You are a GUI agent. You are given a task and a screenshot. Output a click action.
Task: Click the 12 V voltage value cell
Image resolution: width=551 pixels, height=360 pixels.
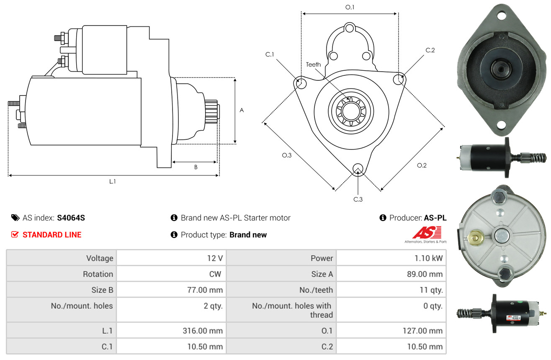pos(215,258)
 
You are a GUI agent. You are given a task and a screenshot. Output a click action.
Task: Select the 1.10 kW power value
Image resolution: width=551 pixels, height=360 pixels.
pos(428,258)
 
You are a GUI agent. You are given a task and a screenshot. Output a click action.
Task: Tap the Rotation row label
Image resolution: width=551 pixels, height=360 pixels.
pos(98,274)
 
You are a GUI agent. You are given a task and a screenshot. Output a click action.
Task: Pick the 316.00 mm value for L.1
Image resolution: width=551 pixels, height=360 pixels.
pos(203,331)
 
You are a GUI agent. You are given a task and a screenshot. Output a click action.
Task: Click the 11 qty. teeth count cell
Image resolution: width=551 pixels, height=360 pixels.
pos(431,290)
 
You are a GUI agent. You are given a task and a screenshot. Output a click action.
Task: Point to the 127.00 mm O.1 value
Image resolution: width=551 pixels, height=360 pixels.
pos(422,331)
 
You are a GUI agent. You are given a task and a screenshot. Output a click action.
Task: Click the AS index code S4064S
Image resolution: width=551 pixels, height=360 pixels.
pos(71,218)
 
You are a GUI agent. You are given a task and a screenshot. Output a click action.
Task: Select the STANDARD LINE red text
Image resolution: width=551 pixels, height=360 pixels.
pos(52,234)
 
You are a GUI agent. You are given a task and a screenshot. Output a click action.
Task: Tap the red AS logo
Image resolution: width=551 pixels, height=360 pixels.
pos(427,233)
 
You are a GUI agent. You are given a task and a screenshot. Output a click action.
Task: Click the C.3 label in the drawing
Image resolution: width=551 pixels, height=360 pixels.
pos(358,199)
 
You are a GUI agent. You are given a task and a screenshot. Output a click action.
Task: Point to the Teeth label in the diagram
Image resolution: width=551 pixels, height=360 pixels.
pos(313,64)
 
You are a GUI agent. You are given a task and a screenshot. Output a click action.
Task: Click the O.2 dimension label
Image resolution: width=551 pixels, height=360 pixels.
pos(422,165)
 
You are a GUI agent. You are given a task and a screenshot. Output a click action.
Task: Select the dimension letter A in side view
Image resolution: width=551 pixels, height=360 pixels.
pos(242,110)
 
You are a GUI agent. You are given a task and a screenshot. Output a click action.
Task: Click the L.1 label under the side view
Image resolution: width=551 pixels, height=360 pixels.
pos(112,182)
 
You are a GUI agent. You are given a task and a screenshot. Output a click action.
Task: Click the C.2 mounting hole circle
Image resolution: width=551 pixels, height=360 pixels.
pos(399,80)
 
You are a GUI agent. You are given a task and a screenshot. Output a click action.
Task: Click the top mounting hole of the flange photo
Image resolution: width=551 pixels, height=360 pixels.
pos(501,16)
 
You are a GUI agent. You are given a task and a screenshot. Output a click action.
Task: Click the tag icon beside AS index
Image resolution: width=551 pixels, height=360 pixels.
pos(15,218)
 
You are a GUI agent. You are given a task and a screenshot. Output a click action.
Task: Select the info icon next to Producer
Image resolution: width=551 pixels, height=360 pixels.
pos(383,218)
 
